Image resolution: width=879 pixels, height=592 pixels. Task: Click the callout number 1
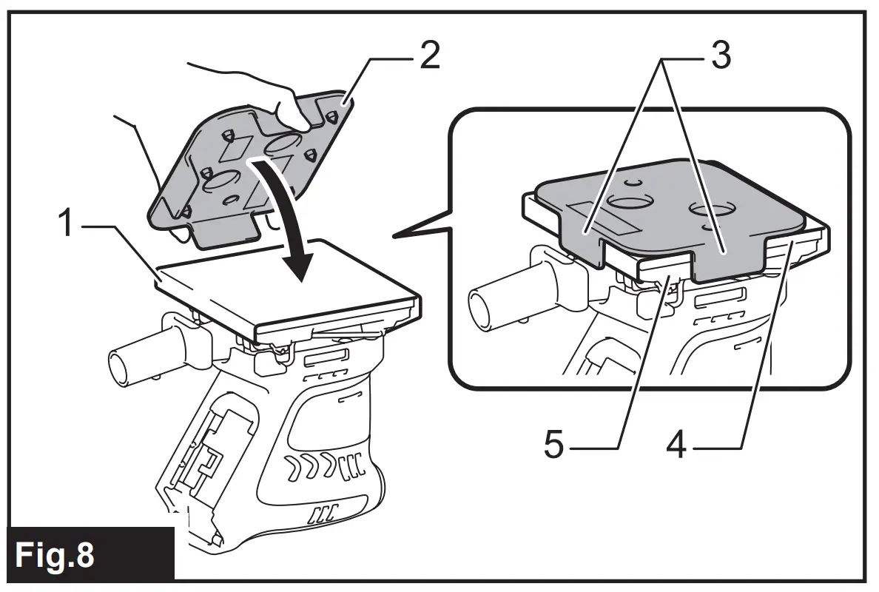(x=67, y=223)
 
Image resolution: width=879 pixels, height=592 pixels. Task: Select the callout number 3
(x=718, y=55)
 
